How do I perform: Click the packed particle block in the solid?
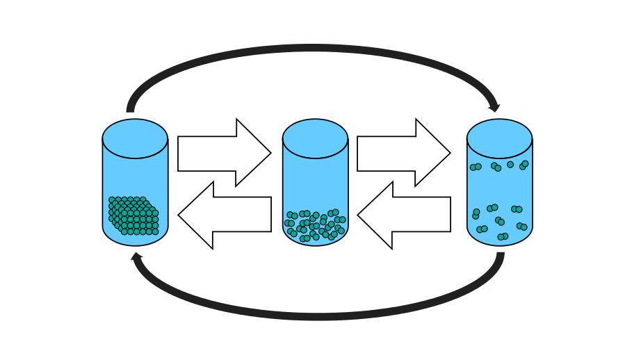click(x=133, y=215)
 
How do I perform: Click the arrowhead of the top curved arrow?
click(x=494, y=106)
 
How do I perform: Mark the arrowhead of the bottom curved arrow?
click(x=137, y=258)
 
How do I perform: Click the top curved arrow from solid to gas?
click(x=313, y=49)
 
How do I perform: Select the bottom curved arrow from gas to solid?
click(x=313, y=313)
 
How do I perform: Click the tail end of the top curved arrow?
click(x=130, y=108)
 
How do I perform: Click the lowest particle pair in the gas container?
click(x=503, y=237)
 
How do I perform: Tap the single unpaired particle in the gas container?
click(x=510, y=165)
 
